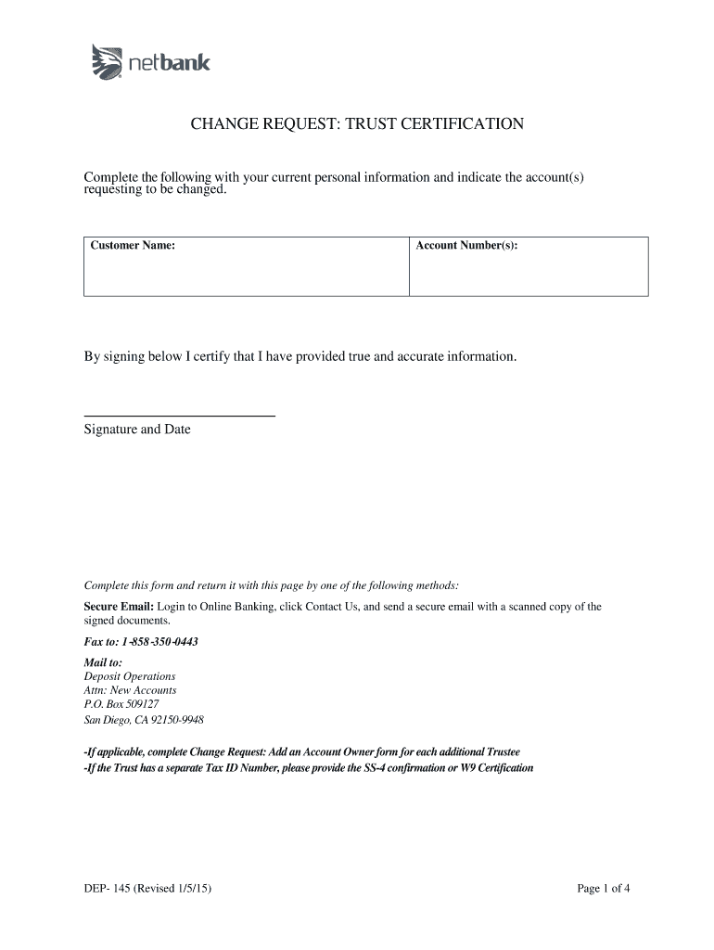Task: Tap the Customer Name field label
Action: click(x=133, y=246)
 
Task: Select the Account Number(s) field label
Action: click(x=467, y=246)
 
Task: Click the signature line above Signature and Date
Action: click(x=180, y=417)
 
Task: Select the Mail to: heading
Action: click(x=103, y=662)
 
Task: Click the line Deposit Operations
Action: click(x=130, y=676)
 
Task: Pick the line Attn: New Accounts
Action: click(x=130, y=690)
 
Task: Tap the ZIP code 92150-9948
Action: click(x=178, y=720)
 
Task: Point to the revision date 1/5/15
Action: click(x=190, y=889)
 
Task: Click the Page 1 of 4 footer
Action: click(x=603, y=889)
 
